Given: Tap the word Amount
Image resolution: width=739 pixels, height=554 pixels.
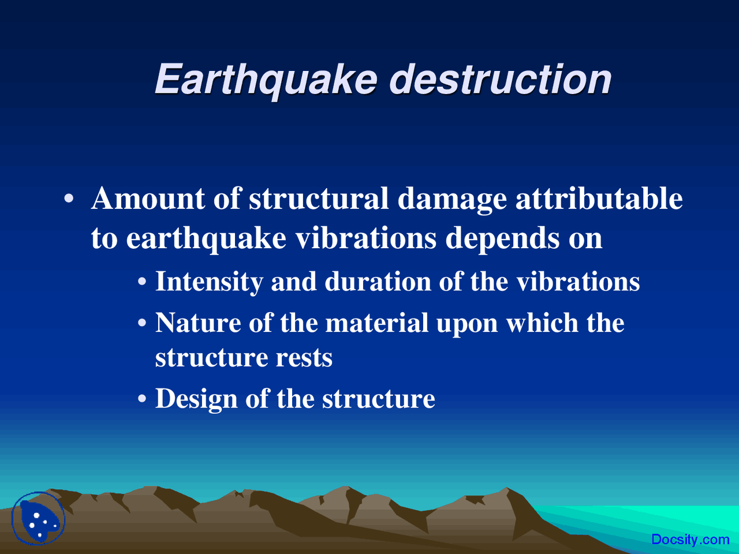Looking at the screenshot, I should coord(148,199).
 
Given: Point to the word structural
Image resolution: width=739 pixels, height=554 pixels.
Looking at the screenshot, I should coord(319,199).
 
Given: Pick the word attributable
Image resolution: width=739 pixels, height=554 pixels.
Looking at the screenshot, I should coord(599,199).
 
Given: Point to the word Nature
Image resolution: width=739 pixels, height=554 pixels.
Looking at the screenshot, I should coord(198,323).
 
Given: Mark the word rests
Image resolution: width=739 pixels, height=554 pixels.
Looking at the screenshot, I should coord(304,358).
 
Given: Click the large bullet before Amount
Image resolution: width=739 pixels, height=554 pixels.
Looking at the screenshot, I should coord(69,200).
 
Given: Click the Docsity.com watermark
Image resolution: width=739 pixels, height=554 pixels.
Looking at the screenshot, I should coord(690,540).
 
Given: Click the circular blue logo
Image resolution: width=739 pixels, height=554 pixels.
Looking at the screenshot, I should coord(39,518).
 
